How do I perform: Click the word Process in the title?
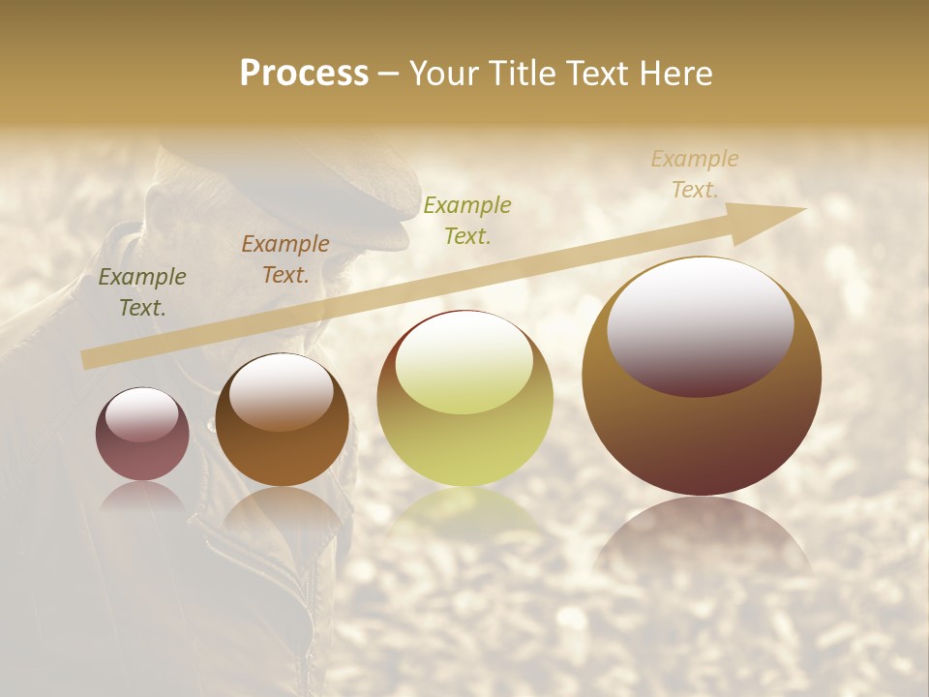tap(304, 74)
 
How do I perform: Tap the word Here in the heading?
tap(674, 74)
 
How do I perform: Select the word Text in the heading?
tap(599, 74)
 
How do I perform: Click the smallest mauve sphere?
tap(142, 435)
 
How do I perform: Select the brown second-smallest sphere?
tap(282, 421)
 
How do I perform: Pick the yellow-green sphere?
tap(465, 399)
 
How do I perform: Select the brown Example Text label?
tap(285, 259)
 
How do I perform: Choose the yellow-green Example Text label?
tap(467, 220)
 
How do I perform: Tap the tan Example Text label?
tap(695, 174)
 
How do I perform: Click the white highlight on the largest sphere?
tap(701, 324)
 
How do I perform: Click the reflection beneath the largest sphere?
tap(702, 542)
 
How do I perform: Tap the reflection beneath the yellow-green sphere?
tap(465, 513)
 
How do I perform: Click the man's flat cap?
tap(290, 174)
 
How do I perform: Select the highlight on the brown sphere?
tap(281, 390)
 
